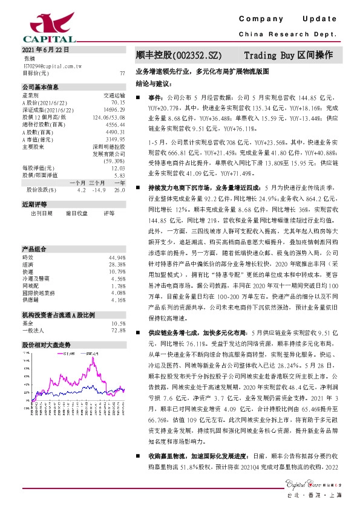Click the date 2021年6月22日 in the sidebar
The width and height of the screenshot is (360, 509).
pyautogui.click(x=45, y=50)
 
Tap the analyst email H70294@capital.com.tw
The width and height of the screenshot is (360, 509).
pyautogui.click(x=48, y=65)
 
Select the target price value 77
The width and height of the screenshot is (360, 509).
pyautogui.click(x=122, y=73)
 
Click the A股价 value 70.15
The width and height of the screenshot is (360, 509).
pyautogui.click(x=118, y=103)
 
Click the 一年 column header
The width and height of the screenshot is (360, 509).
pyautogui.click(x=119, y=183)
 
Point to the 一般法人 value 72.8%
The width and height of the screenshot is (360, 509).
pyautogui.click(x=117, y=331)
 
